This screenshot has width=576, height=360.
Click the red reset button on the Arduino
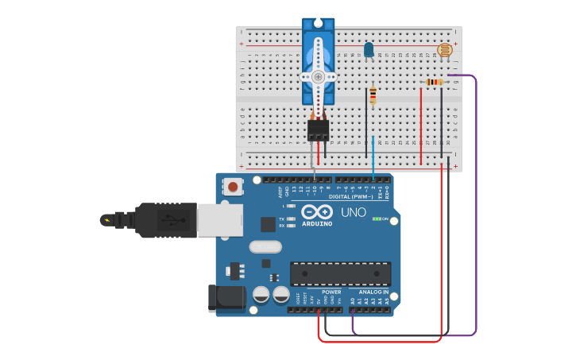pos(233,188)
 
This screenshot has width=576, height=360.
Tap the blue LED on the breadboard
pos(369,50)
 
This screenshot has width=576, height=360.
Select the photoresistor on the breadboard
pos(445,51)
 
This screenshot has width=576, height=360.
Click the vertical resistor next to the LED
pos(373,96)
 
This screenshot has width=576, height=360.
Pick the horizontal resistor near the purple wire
pos(434,82)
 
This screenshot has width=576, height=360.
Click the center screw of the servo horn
pos(318,76)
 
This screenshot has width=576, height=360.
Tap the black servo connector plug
pos(319,129)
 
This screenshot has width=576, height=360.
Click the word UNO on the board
pos(354,213)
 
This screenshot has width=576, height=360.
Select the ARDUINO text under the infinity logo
pos(317,223)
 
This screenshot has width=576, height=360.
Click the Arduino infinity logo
pos(317,212)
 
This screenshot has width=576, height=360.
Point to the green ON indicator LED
pos(377,219)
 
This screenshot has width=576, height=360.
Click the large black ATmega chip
pos(340,273)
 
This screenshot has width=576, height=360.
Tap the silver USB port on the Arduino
pos(220,220)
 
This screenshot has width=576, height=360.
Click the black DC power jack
pos(226,299)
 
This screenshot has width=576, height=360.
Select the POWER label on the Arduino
pos(331,292)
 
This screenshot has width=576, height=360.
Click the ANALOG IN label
pos(373,292)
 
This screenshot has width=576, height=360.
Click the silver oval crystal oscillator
pos(265,247)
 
